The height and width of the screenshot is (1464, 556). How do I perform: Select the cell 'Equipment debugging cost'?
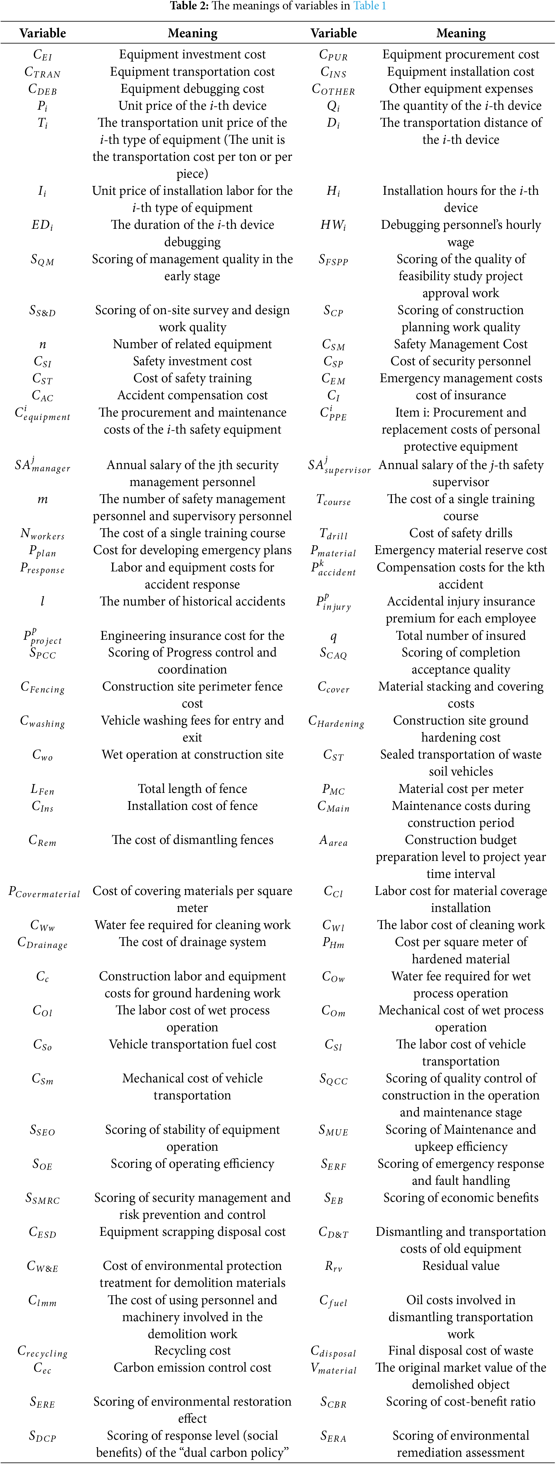(x=192, y=89)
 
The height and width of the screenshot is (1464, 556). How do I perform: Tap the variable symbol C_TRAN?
(x=43, y=72)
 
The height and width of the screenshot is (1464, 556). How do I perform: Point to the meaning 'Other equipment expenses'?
(x=461, y=89)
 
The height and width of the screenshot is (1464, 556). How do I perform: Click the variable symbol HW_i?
(x=333, y=226)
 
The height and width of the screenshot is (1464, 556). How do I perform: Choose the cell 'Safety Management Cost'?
(x=461, y=344)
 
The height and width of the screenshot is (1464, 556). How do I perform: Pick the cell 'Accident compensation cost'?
(x=192, y=395)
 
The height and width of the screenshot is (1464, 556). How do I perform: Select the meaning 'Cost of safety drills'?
(x=461, y=533)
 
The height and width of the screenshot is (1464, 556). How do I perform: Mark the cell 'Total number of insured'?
(x=461, y=635)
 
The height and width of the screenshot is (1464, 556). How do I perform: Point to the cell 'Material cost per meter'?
(x=461, y=789)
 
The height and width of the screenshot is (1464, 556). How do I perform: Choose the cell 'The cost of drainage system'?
(x=192, y=942)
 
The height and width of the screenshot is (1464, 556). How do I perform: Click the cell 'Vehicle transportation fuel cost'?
(x=192, y=1045)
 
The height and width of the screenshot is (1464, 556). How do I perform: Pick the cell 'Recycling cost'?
(x=192, y=1351)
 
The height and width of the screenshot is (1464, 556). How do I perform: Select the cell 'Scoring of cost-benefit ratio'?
(x=461, y=1402)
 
